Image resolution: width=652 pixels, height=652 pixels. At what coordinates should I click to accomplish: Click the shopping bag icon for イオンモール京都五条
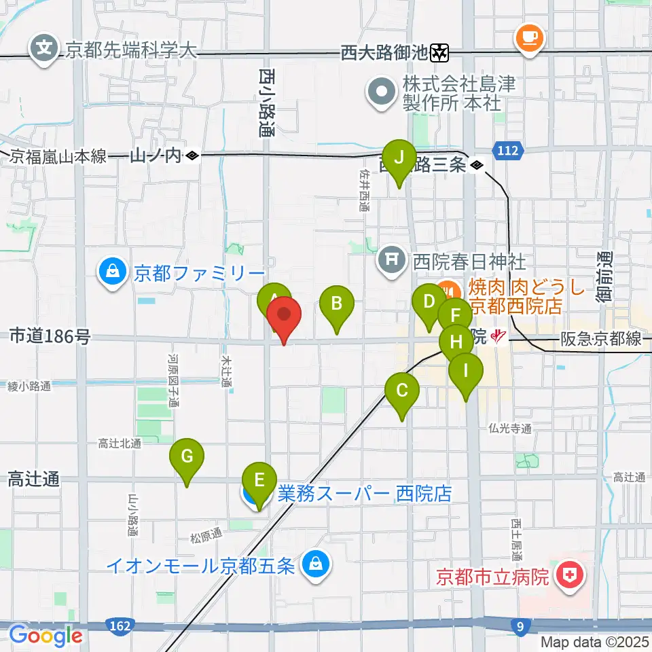pos(315,563)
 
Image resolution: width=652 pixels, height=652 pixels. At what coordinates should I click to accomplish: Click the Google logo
pos(46,636)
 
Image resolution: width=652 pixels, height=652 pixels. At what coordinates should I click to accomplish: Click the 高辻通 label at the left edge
pos(33,479)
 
